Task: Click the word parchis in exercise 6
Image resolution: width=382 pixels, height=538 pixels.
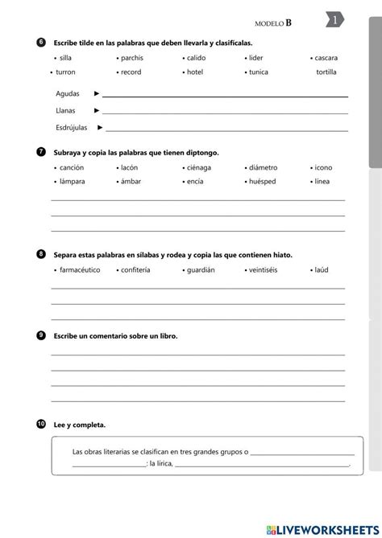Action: pos(132,58)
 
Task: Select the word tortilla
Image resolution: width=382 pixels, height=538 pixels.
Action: pos(327,72)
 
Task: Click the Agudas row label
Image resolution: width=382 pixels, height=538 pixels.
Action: pos(68,94)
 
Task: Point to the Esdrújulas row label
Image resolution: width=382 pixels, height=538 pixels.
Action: pos(72,127)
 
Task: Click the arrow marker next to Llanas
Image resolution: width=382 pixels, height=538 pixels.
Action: pos(97,110)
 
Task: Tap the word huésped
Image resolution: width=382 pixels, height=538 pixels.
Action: pos(264,182)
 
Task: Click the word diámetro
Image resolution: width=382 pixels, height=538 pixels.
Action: pos(264,167)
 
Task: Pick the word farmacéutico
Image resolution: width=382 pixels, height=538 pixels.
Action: pos(79,269)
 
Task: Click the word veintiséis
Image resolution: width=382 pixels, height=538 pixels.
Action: pos(264,269)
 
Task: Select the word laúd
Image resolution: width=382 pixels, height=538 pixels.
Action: pos(321,269)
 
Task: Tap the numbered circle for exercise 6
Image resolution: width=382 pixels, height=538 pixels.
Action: pos(41,42)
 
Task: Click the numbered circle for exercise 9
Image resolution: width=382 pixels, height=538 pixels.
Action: pos(41,335)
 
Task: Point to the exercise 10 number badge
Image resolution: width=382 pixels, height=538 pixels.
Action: pos(41,423)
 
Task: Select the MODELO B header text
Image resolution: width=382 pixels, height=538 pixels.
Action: pos(273,23)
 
